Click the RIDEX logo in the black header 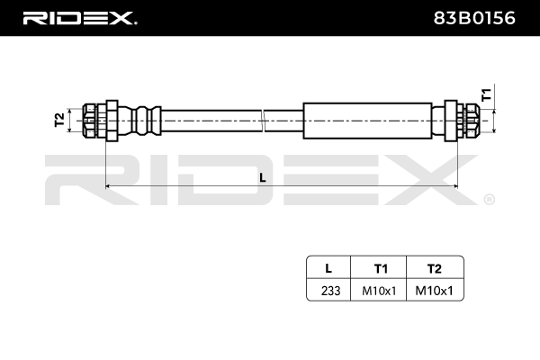[78, 17]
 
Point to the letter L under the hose [263, 177]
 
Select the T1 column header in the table [380, 268]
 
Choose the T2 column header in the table [435, 268]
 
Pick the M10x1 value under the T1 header [380, 290]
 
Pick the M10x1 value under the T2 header [435, 290]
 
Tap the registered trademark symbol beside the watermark [489, 199]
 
